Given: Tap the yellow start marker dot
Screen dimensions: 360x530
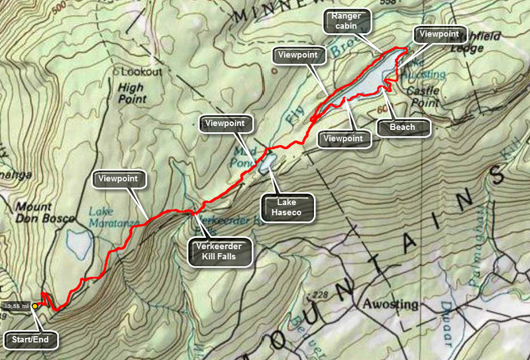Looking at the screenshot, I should pyautogui.click(x=34, y=306).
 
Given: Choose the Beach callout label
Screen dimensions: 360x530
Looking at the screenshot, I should pyautogui.click(x=403, y=127).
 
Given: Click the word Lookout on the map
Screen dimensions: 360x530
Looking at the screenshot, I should pyautogui.click(x=138, y=71).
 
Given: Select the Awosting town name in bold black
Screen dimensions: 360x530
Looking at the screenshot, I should pyautogui.click(x=390, y=304).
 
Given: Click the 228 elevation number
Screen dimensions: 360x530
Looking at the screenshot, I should pyautogui.click(x=321, y=294).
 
